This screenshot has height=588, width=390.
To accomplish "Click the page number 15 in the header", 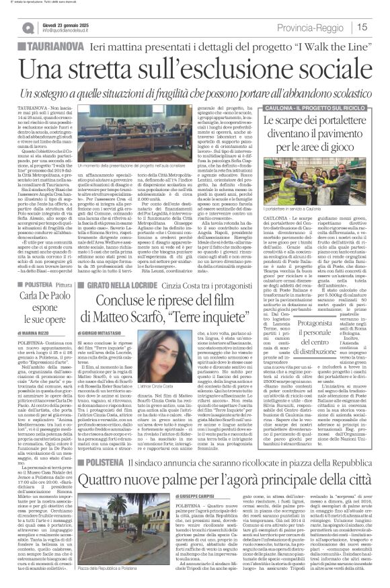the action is pyautogui.click(x=379, y=28).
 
